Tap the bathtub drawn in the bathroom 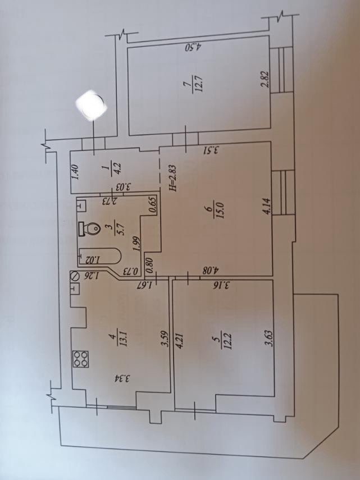pyautogui.click(x=99, y=257)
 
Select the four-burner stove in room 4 pyautogui.click(x=80, y=359)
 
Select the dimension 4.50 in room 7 pyautogui.click(x=194, y=48)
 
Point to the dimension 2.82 pyautogui.click(x=265, y=80)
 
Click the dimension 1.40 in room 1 pyautogui.click(x=76, y=172)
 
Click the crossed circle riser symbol pyautogui.click(x=74, y=276)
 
